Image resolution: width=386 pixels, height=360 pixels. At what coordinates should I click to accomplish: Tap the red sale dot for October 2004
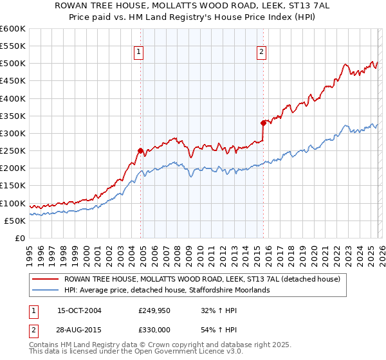[x=140, y=150]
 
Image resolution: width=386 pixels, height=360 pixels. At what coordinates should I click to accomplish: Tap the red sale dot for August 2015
[x=263, y=123]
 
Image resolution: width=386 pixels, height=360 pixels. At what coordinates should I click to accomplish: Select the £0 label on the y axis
[x=19, y=238]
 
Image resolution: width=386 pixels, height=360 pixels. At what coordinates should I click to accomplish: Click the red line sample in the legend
[x=45, y=279]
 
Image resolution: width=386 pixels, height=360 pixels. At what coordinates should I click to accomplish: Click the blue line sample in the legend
[x=45, y=290]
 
